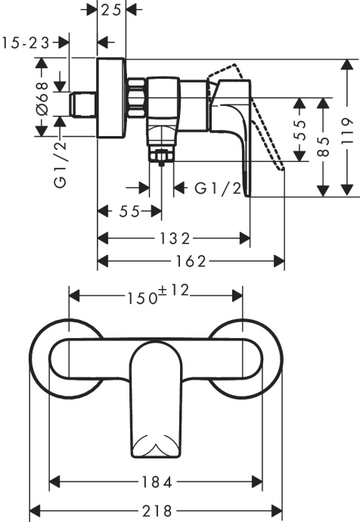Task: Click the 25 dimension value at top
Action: (x=113, y=10)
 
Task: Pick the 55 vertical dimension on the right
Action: (x=299, y=124)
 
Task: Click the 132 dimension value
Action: (x=174, y=238)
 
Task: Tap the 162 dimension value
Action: (x=191, y=261)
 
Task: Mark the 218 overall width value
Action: (x=155, y=509)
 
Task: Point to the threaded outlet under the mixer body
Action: (x=160, y=157)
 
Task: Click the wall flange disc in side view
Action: (x=113, y=98)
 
